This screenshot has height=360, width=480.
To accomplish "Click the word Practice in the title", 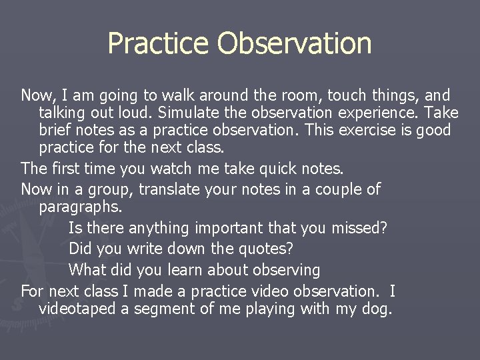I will tap(158, 43).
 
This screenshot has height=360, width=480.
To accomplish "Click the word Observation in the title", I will tap(294, 43).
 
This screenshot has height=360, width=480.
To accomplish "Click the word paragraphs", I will tap(81, 207).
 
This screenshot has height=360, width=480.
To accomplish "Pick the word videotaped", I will tap(77, 309).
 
